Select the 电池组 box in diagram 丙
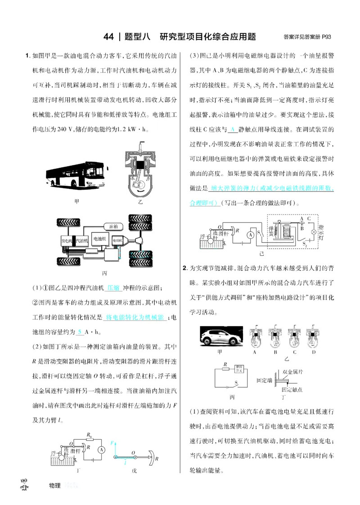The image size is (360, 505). tap(99, 239)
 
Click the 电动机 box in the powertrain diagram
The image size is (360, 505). tap(118, 241)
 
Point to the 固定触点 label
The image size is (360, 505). tap(292, 389)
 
